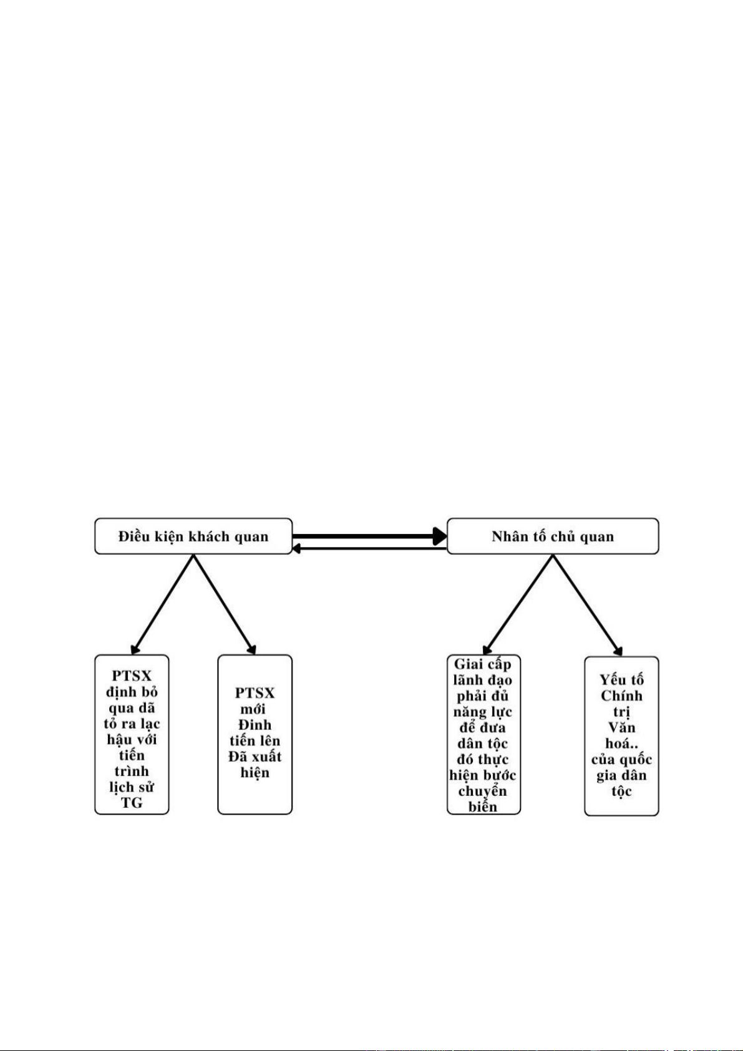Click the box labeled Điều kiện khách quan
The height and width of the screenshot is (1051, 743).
(x=193, y=536)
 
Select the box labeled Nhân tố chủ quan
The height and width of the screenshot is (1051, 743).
(x=553, y=536)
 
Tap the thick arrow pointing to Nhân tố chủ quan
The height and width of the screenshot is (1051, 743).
(x=369, y=536)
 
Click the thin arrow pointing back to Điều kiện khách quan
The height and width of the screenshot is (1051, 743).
(x=369, y=548)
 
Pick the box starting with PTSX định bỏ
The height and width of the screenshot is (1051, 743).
(x=132, y=734)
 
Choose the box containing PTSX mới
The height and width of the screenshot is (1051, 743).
(x=255, y=734)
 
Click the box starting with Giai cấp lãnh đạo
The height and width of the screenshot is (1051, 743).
(x=483, y=734)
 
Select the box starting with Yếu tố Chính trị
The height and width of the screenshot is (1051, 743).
(x=621, y=736)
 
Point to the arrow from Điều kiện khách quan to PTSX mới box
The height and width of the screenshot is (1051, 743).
(x=225, y=604)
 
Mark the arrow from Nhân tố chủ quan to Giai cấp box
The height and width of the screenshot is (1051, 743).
(x=518, y=604)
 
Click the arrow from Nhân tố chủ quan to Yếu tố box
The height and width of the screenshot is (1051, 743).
(x=588, y=605)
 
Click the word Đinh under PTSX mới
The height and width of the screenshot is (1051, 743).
(x=255, y=724)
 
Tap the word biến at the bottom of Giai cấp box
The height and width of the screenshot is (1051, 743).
(x=482, y=806)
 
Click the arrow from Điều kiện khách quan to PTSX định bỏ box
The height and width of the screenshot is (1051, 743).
(x=162, y=604)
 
